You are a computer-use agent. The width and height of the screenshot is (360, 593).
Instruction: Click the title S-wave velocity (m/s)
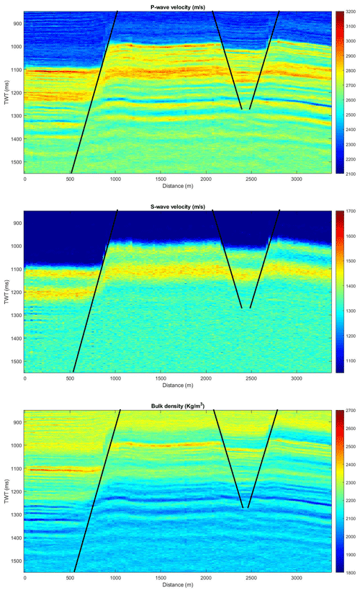(x=179, y=207)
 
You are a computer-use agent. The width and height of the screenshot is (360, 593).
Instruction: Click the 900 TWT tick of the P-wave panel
(x=15, y=24)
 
